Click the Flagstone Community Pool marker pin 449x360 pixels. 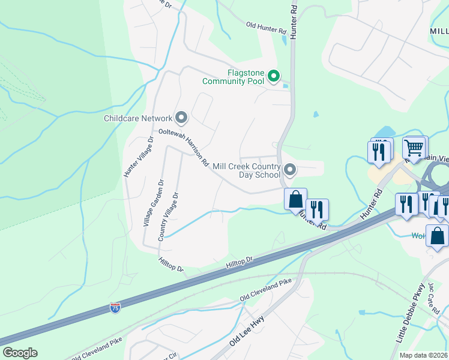(x=274, y=76)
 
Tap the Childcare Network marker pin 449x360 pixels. (x=181, y=118)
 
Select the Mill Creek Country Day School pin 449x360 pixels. (x=290, y=170)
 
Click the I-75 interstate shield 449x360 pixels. (x=115, y=308)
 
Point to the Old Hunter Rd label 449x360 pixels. (x=267, y=28)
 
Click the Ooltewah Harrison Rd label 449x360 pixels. (x=183, y=147)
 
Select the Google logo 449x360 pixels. (x=20, y=353)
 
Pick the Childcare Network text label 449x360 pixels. (x=138, y=118)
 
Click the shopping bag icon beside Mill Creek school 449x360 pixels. (x=295, y=199)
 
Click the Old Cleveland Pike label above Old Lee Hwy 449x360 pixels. (x=265, y=289)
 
